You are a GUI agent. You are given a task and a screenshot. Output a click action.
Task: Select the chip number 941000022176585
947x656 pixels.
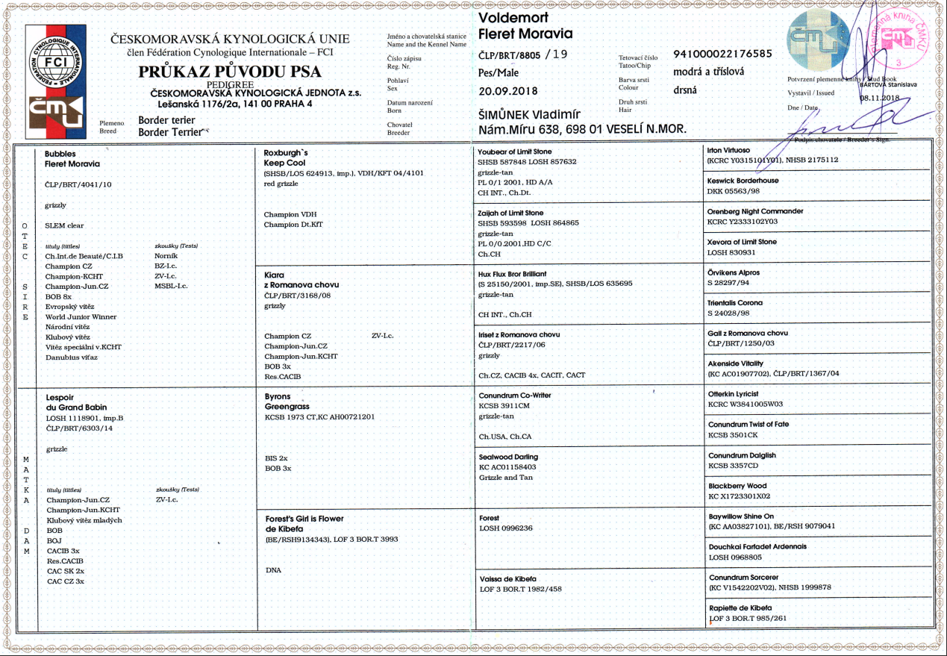pyautogui.click(x=722, y=54)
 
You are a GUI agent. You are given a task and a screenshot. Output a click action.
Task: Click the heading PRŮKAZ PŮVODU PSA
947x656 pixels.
pyautogui.click(x=230, y=72)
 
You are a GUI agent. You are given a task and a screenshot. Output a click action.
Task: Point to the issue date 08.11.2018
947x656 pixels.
pyautogui.click(x=881, y=98)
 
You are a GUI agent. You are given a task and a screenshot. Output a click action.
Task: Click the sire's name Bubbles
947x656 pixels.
pyautogui.click(x=60, y=153)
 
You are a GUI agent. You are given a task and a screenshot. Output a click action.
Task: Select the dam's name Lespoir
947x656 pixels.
pyautogui.click(x=60, y=398)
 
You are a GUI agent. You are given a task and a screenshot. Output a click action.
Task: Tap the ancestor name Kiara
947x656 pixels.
pyautogui.click(x=274, y=275)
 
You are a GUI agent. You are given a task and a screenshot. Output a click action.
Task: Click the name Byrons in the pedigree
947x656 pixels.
pyautogui.click(x=278, y=397)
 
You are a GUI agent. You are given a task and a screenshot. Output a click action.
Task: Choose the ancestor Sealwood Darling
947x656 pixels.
pyautogui.click(x=508, y=457)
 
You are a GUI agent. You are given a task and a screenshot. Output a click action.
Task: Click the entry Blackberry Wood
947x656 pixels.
pyautogui.click(x=737, y=486)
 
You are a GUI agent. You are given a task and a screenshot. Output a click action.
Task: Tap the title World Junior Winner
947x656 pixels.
pyautogui.click(x=81, y=316)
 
